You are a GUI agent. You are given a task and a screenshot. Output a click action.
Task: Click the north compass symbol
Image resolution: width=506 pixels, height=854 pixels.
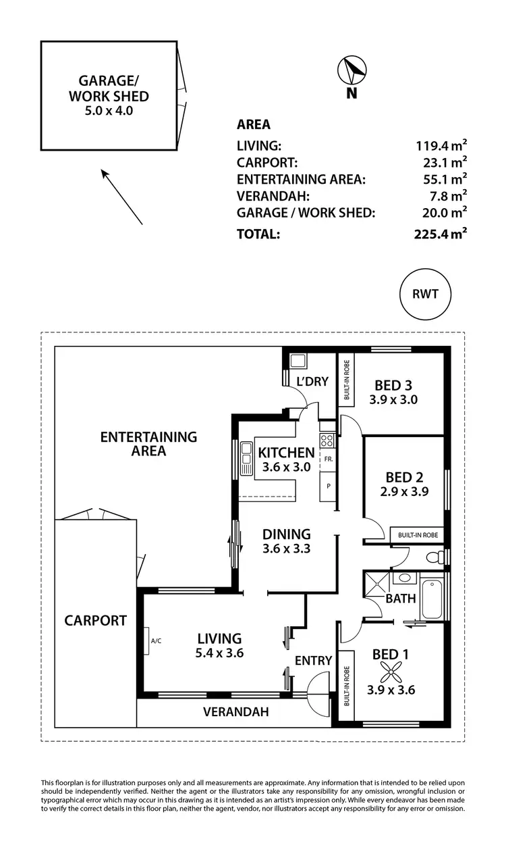(351, 70)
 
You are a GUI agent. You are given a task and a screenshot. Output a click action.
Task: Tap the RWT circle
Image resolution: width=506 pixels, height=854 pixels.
(424, 295)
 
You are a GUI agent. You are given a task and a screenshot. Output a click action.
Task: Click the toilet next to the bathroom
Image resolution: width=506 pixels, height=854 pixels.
(439, 557)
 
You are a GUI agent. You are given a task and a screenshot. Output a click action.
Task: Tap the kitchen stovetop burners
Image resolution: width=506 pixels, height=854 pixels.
(327, 441)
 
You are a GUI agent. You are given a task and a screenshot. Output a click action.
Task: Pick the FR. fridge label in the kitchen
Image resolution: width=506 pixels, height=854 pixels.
(329, 459)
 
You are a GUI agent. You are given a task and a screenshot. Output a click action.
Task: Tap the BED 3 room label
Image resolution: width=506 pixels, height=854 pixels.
(393, 385)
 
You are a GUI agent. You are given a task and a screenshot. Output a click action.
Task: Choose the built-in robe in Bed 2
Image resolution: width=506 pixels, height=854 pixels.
(418, 535)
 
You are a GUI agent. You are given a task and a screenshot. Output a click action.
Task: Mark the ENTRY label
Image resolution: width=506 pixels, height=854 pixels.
(314, 660)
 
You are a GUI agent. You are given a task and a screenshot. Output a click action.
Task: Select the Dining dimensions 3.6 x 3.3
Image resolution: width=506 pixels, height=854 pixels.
(287, 549)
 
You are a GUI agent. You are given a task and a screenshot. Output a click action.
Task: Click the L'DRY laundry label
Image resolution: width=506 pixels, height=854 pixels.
(312, 382)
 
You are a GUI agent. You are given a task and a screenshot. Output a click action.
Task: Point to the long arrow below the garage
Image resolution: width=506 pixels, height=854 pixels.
(122, 197)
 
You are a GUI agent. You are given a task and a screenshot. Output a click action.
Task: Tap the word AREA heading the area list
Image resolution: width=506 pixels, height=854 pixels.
(254, 124)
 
